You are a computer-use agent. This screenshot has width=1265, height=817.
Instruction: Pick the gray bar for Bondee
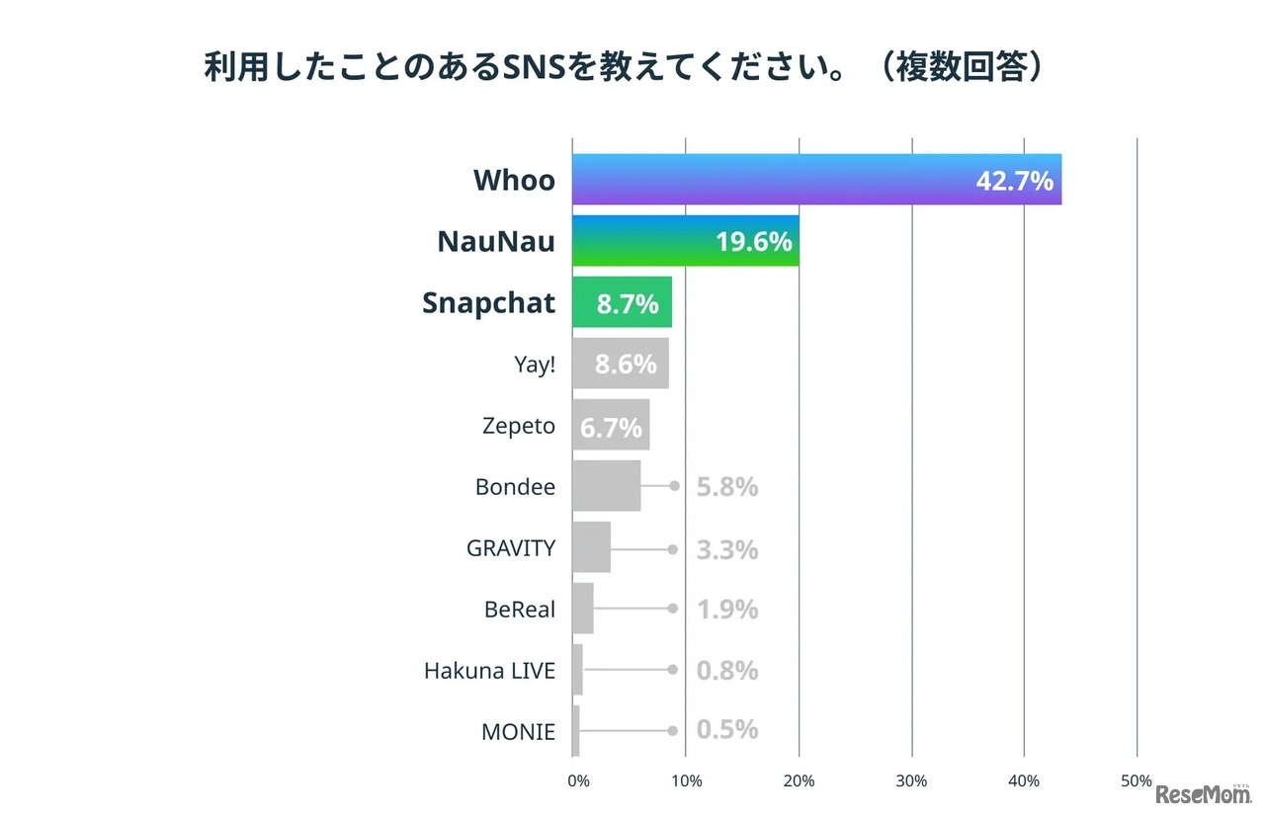pyautogui.click(x=606, y=486)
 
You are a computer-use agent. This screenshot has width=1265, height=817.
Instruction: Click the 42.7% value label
pyautogui.click(x=1014, y=182)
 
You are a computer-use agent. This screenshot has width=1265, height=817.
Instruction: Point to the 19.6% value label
pyautogui.click(x=754, y=242)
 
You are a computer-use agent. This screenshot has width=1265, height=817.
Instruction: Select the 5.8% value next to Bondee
pyautogui.click(x=727, y=487)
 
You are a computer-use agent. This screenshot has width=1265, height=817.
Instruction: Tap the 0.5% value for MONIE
pyautogui.click(x=727, y=730)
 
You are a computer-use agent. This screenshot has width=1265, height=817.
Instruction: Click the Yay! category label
pyautogui.click(x=535, y=365)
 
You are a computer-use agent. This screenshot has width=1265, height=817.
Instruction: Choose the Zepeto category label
pyautogui.click(x=519, y=427)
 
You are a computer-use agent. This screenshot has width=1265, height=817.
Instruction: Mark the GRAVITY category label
pyautogui.click(x=511, y=548)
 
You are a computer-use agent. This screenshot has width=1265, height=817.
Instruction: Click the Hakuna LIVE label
pyautogui.click(x=489, y=671)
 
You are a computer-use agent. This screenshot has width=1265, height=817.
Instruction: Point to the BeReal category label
pyautogui.click(x=520, y=610)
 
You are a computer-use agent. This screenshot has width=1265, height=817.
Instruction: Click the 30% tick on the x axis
pyautogui.click(x=911, y=780)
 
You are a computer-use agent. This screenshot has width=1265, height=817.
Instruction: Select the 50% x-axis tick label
pyautogui.click(x=1137, y=780)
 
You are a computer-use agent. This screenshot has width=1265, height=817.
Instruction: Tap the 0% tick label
pyautogui.click(x=578, y=780)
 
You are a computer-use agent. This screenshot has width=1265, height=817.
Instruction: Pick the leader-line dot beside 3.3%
pyautogui.click(x=673, y=549)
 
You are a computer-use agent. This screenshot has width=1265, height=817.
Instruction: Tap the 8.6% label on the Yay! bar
pyautogui.click(x=626, y=365)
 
